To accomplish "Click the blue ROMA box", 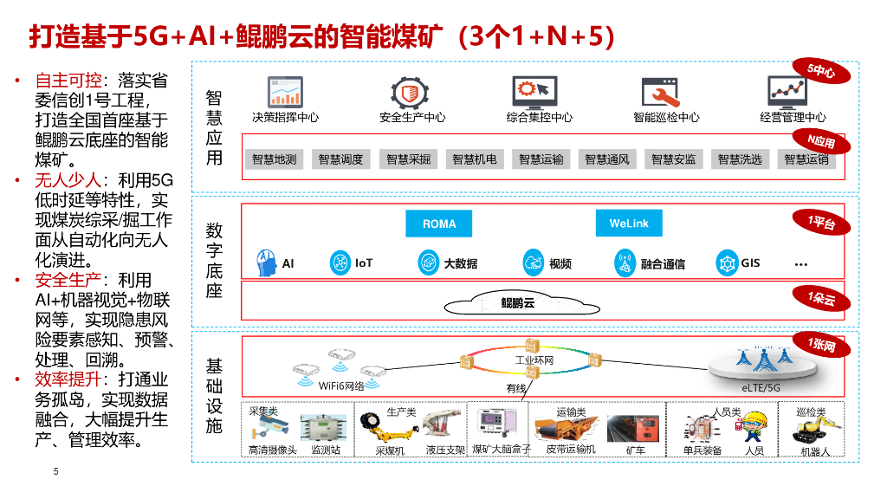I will click(439, 224).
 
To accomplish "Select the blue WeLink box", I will click(629, 224).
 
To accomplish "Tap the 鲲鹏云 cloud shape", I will click(517, 302).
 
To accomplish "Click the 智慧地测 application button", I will click(274, 159).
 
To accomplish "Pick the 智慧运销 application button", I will click(806, 159).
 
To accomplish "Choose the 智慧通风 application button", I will click(606, 159).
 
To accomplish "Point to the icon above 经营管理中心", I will click(787, 91).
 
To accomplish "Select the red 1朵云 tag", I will click(821, 299).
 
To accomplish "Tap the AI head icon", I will click(266, 262).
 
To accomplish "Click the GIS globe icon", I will click(726, 262).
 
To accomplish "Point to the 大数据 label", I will click(460, 263).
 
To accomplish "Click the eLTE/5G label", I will click(761, 387).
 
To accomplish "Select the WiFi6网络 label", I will click(342, 386).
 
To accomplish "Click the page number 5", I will click(56, 472).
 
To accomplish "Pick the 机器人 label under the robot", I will click(815, 451).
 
